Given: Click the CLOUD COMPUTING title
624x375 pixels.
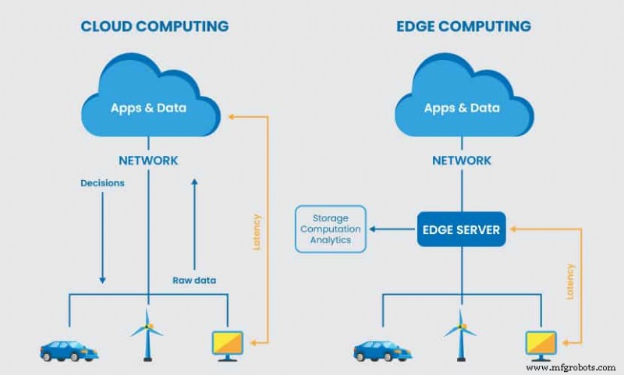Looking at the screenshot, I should pyautogui.click(x=154, y=27).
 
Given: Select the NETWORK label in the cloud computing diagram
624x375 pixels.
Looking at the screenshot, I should pyautogui.click(x=148, y=161).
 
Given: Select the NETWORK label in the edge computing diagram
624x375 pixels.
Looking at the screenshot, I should pyautogui.click(x=462, y=161).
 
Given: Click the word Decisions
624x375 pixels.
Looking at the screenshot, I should pyautogui.click(x=102, y=184).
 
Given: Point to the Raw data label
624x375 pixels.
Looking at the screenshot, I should pyautogui.click(x=194, y=280).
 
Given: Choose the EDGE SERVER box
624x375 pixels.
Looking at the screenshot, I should pyautogui.click(x=462, y=229).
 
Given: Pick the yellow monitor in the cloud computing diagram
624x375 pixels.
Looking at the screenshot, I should pyautogui.click(x=227, y=345).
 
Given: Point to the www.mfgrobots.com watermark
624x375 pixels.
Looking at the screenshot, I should pyautogui.click(x=572, y=366).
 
